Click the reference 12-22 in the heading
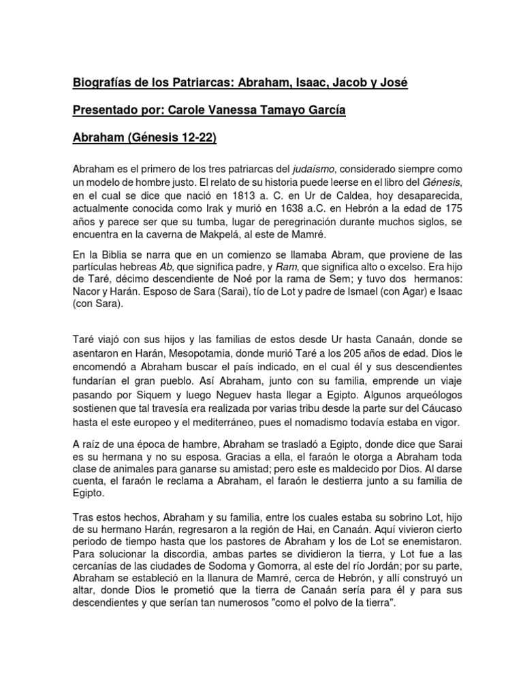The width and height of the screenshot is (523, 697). pos(193,137)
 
